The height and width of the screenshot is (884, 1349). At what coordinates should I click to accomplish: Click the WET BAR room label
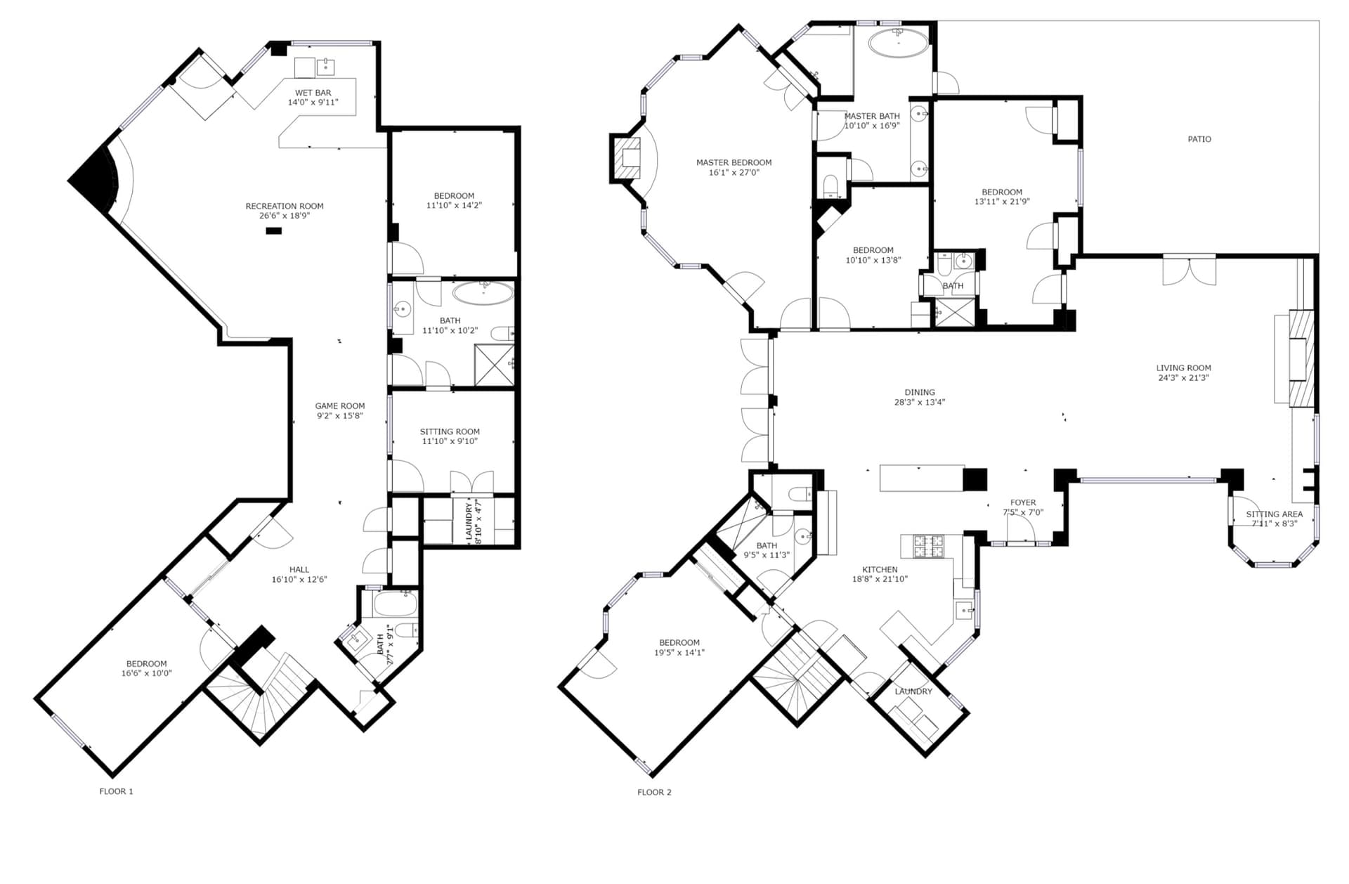[x=313, y=93]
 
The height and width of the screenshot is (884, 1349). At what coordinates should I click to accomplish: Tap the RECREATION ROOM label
[x=285, y=207]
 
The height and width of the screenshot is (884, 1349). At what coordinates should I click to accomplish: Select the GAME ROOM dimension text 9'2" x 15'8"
[x=340, y=416]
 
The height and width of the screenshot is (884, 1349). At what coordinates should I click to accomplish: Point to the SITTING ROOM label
[x=450, y=432]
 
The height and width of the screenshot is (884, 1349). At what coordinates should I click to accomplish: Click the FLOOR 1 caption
[x=116, y=791]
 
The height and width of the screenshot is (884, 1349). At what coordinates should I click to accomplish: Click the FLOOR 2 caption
[x=654, y=792]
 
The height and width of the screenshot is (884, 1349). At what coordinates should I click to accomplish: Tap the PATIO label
[x=1199, y=139]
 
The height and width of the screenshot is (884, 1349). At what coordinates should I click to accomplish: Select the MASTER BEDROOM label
[x=734, y=162]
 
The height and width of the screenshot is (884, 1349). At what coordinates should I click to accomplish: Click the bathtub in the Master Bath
[x=898, y=43]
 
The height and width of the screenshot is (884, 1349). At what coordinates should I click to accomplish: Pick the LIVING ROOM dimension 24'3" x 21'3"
[x=1183, y=377]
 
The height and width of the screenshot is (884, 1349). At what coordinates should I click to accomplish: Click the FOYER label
[x=1023, y=502]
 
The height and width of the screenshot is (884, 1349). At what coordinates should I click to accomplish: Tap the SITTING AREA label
[x=1274, y=514]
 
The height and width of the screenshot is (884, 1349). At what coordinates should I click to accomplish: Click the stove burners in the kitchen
[x=930, y=546]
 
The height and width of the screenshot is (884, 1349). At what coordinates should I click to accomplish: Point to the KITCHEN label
[x=880, y=570]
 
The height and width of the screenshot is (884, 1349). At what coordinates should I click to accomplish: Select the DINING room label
[x=920, y=393]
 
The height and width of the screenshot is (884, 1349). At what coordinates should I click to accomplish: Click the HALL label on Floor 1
[x=299, y=570]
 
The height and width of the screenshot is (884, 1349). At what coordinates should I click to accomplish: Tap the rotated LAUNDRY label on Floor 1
[x=469, y=521]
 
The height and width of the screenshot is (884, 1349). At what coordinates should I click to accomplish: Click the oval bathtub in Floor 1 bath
[x=483, y=293]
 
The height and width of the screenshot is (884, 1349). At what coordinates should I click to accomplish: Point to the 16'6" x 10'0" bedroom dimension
[x=146, y=673]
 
